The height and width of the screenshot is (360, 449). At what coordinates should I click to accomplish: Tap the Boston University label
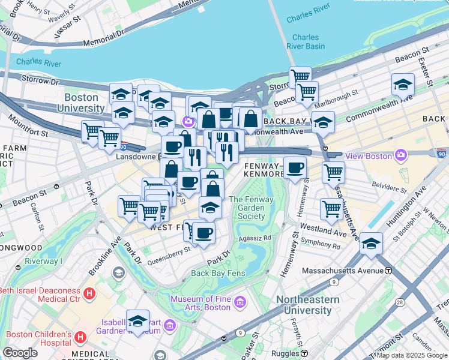[85, 103]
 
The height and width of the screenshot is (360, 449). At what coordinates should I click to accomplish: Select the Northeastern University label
[308, 305]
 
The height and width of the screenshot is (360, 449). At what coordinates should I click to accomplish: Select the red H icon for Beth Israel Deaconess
[89, 294]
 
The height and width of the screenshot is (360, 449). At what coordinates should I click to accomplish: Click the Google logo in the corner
[20, 353]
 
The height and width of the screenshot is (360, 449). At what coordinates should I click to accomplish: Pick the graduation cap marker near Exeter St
[403, 85]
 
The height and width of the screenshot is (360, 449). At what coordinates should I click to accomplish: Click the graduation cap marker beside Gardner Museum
[137, 321]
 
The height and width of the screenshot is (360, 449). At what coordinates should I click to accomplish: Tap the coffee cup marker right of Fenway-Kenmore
[294, 169]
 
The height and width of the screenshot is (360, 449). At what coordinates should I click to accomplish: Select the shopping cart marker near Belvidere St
[333, 173]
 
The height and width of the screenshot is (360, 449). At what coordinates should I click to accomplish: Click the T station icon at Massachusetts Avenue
[388, 271]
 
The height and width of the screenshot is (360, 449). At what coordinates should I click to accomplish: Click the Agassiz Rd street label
[255, 238]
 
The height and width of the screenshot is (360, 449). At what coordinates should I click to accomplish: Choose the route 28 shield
[415, 305]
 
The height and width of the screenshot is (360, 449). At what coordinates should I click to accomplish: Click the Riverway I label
[43, 262]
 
